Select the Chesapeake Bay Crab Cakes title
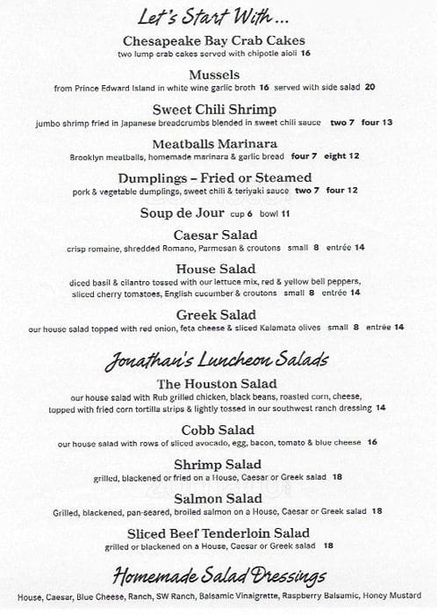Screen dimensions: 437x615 [214, 40]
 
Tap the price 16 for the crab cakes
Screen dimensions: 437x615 [305, 54]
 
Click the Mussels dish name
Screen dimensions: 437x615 [214, 75]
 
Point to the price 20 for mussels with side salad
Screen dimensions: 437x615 [369, 87]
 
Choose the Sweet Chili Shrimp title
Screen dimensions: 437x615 [214, 109]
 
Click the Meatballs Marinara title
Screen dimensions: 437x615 [214, 143]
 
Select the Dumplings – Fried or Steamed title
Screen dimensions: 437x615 [214, 177]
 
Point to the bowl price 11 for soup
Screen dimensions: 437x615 [286, 213]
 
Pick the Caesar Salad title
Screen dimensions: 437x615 [214, 235]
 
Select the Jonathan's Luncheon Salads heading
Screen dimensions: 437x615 [217, 360]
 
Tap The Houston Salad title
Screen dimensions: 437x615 [216, 384]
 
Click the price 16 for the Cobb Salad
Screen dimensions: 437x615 [372, 443]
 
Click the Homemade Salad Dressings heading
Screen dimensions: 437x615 [217, 576]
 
